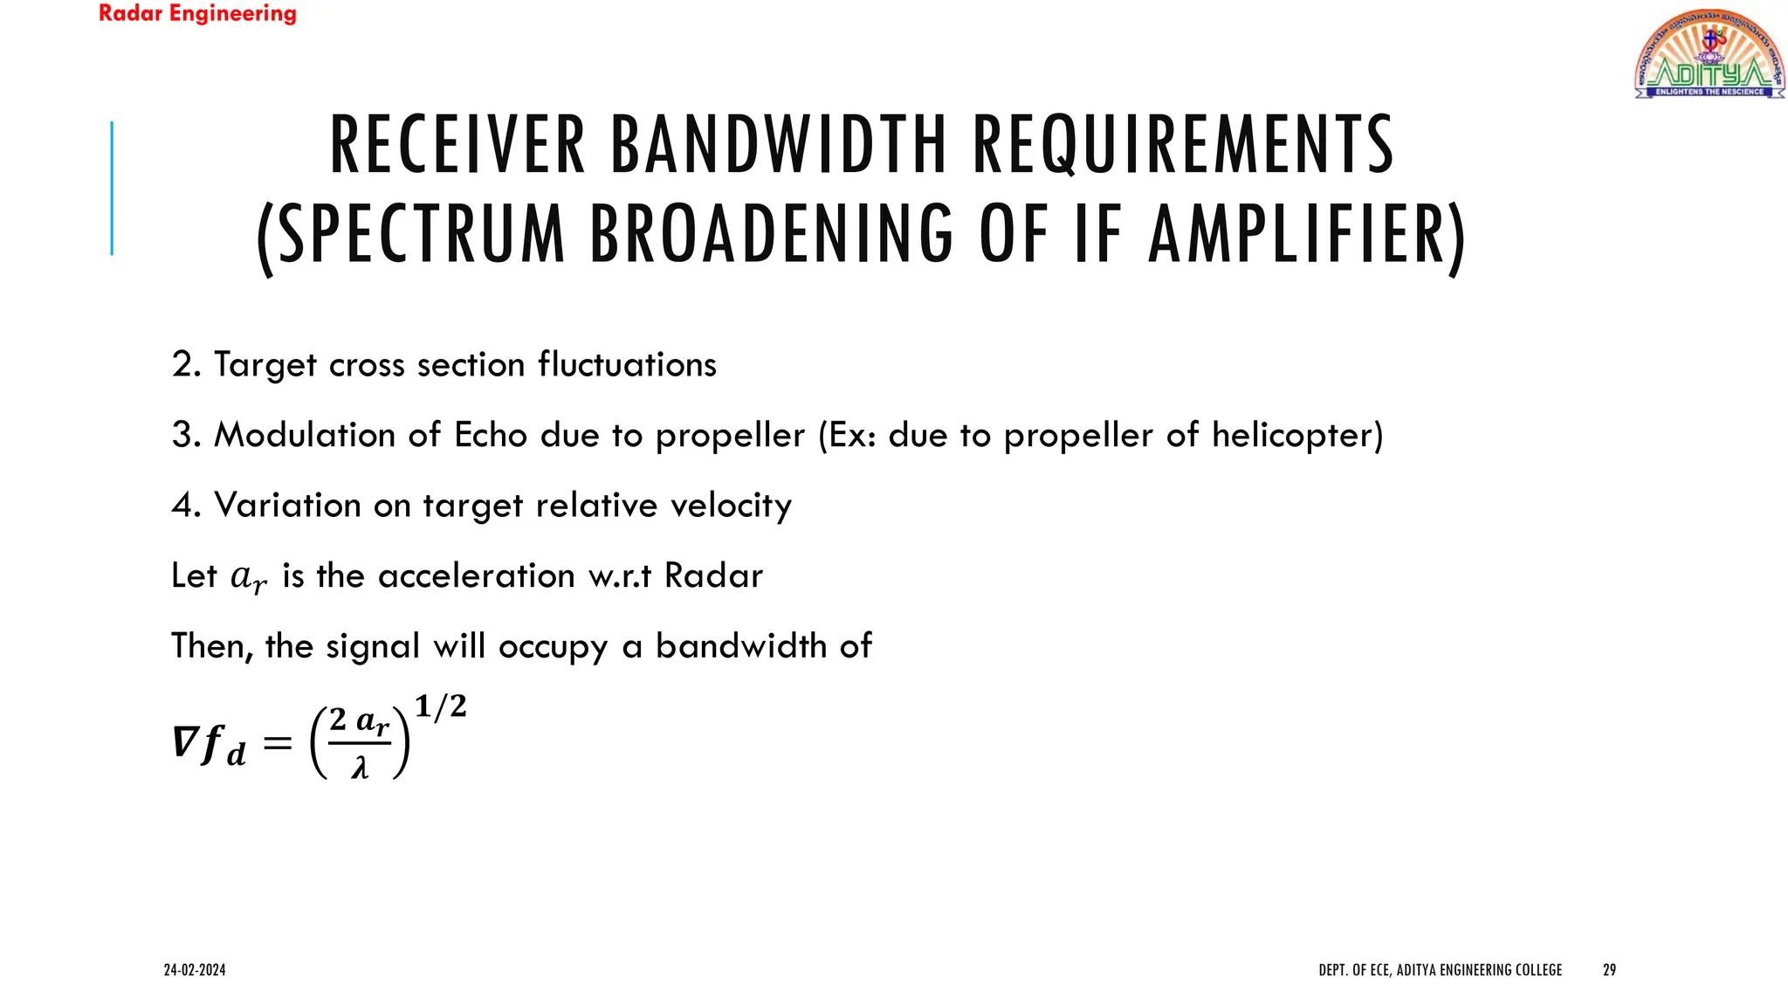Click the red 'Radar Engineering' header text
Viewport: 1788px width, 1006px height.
[x=197, y=14]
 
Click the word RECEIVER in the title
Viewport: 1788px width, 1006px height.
[x=457, y=145]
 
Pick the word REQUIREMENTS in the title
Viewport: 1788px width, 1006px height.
[x=1183, y=145]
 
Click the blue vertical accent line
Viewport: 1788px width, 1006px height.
[x=112, y=188]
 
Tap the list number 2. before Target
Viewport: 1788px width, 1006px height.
[x=186, y=365]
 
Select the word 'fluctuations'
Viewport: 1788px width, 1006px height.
[x=627, y=365]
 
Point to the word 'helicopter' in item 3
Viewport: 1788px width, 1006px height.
[x=1292, y=435]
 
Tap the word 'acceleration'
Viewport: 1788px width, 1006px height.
[x=476, y=576]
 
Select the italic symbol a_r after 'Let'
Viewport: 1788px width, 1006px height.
[x=248, y=578]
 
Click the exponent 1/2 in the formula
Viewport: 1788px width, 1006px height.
[x=441, y=706]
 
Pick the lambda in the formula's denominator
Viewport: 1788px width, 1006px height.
[x=360, y=768]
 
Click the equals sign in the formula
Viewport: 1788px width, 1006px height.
[x=277, y=743]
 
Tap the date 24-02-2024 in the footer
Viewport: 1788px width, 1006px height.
[x=195, y=970]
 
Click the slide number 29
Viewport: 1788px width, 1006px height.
[x=1609, y=970]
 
